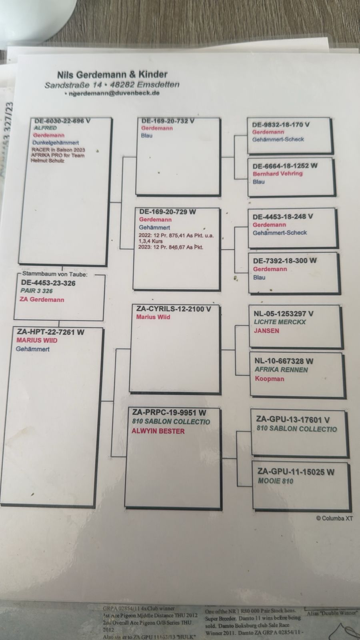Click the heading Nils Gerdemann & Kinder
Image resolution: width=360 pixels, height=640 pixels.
click(x=112, y=74)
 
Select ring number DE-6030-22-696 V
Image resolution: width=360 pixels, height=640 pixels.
click(x=62, y=121)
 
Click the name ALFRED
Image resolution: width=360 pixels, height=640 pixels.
click(x=45, y=128)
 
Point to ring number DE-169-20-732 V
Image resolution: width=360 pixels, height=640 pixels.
click(x=168, y=121)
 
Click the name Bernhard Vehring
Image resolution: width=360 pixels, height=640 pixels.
click(x=278, y=174)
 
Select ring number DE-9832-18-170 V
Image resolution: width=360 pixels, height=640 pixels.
click(x=281, y=124)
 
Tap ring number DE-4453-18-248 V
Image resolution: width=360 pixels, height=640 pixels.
click(x=283, y=216)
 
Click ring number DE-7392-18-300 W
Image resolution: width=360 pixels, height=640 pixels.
click(x=284, y=260)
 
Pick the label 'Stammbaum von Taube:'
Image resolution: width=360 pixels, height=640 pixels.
click(x=55, y=274)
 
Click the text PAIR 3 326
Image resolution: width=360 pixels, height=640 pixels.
click(x=37, y=291)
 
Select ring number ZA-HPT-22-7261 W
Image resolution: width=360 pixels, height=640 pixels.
click(x=51, y=332)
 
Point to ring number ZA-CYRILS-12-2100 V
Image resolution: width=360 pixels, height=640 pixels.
click(x=174, y=309)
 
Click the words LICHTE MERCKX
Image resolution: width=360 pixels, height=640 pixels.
click(x=280, y=322)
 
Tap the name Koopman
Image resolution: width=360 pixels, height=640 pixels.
click(x=270, y=378)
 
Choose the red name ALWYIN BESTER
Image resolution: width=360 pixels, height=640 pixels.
click(x=158, y=431)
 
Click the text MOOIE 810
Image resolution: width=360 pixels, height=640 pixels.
click(x=276, y=481)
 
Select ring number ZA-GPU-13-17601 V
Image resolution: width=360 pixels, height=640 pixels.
click(x=293, y=420)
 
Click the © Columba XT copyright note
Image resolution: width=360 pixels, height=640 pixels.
click(x=334, y=518)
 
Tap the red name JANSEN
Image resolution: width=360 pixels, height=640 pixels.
click(x=266, y=331)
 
